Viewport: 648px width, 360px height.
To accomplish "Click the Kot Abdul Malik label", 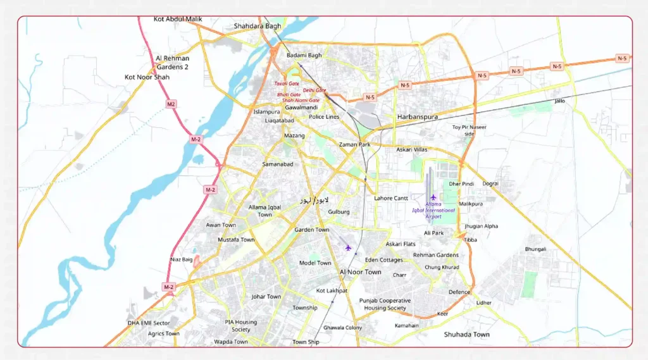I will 178,19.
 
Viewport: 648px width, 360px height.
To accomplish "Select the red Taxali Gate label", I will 286,84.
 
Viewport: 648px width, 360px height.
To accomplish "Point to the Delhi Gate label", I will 315,90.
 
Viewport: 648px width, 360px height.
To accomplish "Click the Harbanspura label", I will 417,117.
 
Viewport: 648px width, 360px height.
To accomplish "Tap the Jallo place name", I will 559,101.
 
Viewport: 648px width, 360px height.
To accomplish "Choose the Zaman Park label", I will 355,144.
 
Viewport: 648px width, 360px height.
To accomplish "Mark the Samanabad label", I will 278,164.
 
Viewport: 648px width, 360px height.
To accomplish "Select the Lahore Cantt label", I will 391,198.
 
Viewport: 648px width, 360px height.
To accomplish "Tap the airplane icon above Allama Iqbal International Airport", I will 433,197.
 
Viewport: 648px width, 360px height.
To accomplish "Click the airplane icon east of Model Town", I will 347,247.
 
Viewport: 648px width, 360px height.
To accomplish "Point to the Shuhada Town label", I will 466,334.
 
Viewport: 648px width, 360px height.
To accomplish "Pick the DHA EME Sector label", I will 149,323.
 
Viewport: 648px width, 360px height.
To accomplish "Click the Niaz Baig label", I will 182,259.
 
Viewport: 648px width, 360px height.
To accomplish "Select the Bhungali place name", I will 535,249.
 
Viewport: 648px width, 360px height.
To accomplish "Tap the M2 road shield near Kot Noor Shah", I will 171,104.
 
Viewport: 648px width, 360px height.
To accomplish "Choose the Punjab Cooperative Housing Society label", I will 385,304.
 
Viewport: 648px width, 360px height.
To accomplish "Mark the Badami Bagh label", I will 304,55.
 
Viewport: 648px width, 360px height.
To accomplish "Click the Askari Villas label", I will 411,150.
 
